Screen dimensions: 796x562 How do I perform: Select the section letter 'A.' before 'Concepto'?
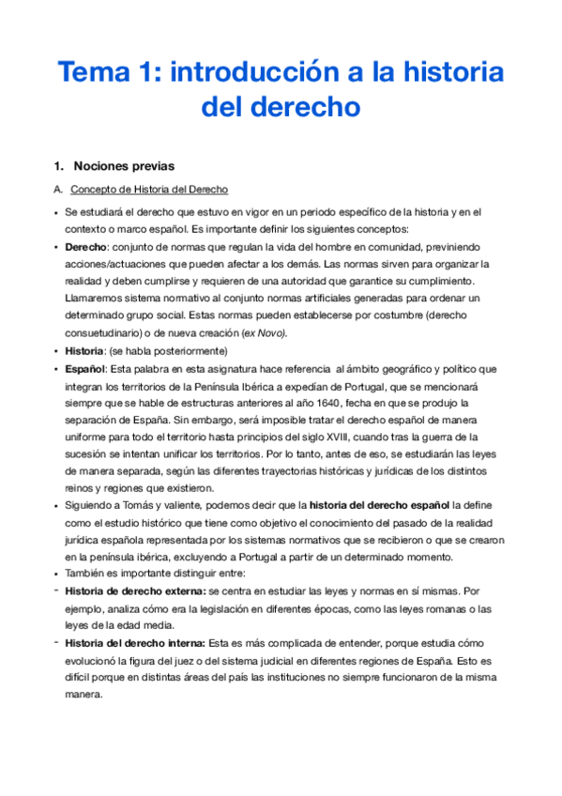(x=59, y=190)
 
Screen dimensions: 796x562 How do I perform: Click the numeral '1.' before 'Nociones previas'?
(x=59, y=166)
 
